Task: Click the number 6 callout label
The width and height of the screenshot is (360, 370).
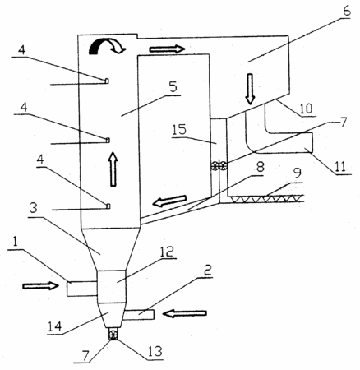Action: [x=346, y=11]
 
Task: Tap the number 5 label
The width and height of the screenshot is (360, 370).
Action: [x=173, y=87]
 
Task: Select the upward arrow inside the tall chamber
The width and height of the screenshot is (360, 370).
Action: [x=113, y=169]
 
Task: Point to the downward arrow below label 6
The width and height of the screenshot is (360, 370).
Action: [x=250, y=89]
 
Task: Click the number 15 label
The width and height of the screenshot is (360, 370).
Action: [x=180, y=130]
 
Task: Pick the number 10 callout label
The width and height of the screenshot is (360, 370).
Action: [x=306, y=109]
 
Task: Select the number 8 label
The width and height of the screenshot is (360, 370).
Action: [x=260, y=167]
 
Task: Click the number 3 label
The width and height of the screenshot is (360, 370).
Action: [x=34, y=209]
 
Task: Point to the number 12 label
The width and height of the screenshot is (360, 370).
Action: [x=167, y=252]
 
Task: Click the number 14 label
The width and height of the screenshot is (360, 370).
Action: [x=55, y=326]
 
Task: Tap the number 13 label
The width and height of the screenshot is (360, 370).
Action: [x=155, y=351]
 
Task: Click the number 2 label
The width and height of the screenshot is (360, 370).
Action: [x=207, y=271]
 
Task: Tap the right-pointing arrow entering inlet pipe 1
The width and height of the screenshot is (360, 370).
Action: [x=40, y=286]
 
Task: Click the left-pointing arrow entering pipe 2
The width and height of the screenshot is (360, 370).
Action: [x=184, y=313]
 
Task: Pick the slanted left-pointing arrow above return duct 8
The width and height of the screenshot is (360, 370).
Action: [x=169, y=201]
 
